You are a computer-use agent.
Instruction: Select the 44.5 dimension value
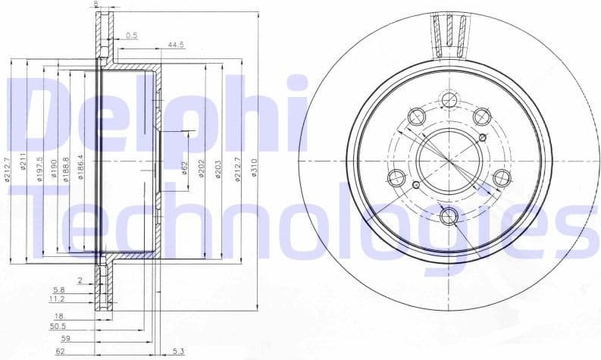click(x=176, y=45)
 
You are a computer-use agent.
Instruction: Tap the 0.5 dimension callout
click(x=132, y=35)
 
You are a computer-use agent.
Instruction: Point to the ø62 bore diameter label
click(x=184, y=167)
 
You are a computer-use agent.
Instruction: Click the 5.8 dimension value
click(x=58, y=290)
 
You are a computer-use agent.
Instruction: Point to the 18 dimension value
click(x=58, y=315)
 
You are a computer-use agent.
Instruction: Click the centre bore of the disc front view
click(x=449, y=161)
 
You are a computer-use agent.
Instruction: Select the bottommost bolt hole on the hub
click(x=449, y=217)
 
